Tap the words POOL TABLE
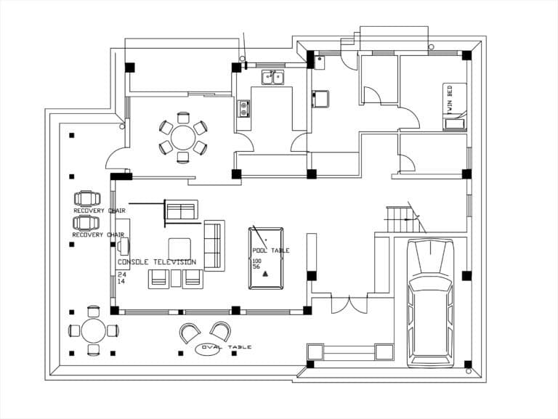pyautogui.click(x=270, y=251)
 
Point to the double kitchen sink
pyautogui.click(x=273, y=77)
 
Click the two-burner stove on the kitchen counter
pyautogui.click(x=244, y=108)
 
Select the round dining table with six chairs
pyautogui.click(x=183, y=137)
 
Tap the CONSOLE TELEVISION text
pyautogui.click(x=157, y=262)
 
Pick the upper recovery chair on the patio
pyautogui.click(x=87, y=198)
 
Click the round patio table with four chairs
pyautogui.click(x=93, y=331)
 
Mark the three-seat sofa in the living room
pyautogui.click(x=214, y=245)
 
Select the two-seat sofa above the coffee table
pyautogui.click(x=181, y=210)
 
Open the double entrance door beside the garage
pyautogui.click(x=349, y=304)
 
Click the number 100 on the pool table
pyautogui.click(x=256, y=260)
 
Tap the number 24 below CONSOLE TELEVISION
pyautogui.click(x=121, y=274)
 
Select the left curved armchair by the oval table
pyautogui.click(x=190, y=333)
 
